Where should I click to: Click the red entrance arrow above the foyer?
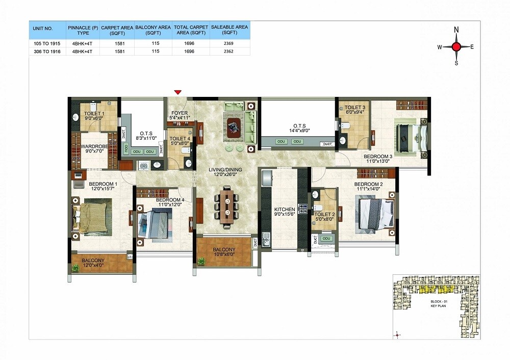tap(177, 92)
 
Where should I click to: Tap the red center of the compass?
tap(456, 47)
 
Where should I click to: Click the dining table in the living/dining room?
tap(228, 207)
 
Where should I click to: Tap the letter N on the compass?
tap(456, 30)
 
